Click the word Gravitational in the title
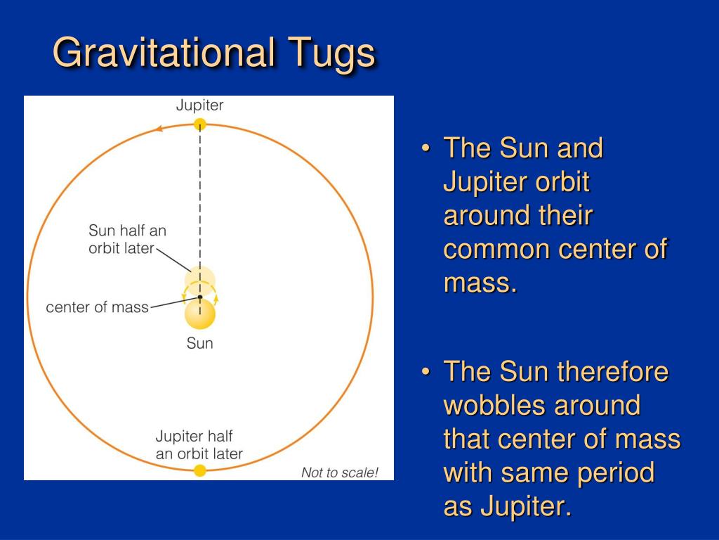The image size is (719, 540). tap(164, 52)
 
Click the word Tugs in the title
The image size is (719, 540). tap(332, 54)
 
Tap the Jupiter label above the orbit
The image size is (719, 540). tap(200, 105)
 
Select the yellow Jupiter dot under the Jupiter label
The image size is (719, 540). tap(200, 124)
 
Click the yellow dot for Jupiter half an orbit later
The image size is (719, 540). tap(200, 470)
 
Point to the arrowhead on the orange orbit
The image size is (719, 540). tap(159, 129)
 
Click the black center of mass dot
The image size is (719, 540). tap(200, 297)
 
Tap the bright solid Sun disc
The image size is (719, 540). tap(200, 314)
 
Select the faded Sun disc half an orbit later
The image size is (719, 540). tap(200, 281)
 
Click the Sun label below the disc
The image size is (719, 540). tap(200, 343)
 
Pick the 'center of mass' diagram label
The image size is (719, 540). tap(97, 307)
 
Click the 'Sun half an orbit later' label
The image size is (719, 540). tap(127, 239)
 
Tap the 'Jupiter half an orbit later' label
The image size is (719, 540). tap(199, 444)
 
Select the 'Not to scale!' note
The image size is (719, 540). tap(340, 472)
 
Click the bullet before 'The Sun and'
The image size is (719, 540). tap(426, 148)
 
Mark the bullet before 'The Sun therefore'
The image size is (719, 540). tap(426, 371)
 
